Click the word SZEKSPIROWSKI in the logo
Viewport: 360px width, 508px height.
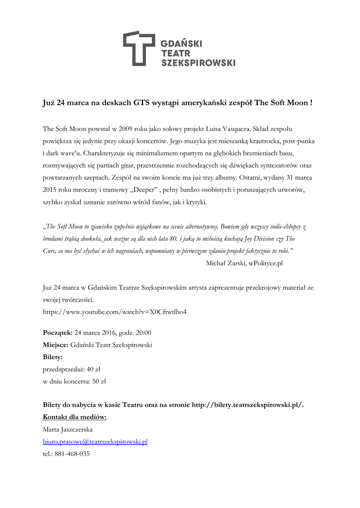(x=198, y=63)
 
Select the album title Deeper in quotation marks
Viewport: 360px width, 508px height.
(x=146, y=190)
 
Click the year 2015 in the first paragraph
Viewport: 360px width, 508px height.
(x=50, y=190)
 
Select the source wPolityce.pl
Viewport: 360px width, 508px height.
(x=266, y=263)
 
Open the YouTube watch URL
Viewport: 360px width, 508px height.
(x=115, y=312)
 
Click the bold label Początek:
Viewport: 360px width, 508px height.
(x=58, y=332)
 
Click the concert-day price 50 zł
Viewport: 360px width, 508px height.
(x=99, y=381)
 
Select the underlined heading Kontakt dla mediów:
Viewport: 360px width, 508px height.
(x=75, y=417)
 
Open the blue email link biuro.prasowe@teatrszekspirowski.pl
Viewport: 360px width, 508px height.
(x=95, y=442)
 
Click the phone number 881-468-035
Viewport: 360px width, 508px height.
(x=72, y=453)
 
